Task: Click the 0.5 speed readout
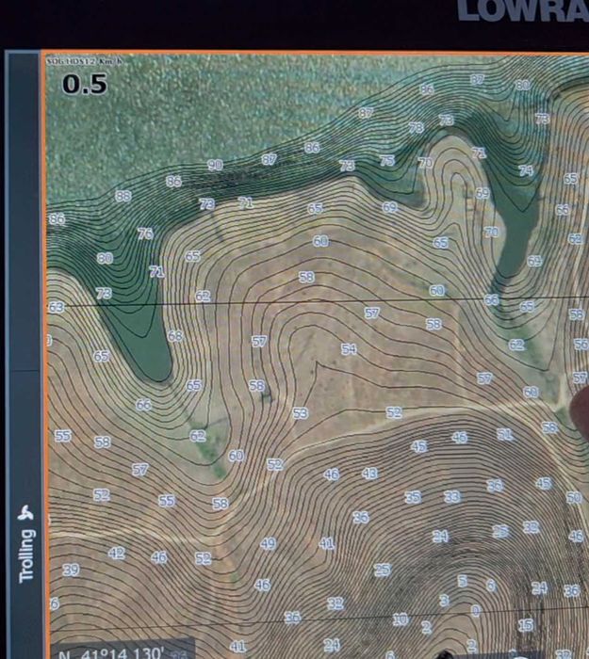tap(85, 84)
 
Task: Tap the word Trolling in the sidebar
tap(27, 555)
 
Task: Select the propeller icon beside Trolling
tap(26, 514)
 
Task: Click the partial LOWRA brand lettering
tap(522, 11)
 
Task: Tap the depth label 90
tap(215, 165)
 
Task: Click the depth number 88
tap(123, 197)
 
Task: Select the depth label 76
tap(145, 233)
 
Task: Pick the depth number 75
tap(387, 161)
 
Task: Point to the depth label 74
tap(526, 170)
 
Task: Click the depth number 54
tap(349, 349)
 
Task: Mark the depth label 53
tap(300, 413)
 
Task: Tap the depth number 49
tap(268, 544)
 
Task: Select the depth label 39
tap(71, 571)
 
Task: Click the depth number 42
tap(116, 554)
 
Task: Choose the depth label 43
tap(369, 474)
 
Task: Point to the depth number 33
tap(452, 496)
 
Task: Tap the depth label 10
tap(401, 619)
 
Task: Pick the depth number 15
tap(525, 624)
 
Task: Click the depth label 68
tap(175, 336)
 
